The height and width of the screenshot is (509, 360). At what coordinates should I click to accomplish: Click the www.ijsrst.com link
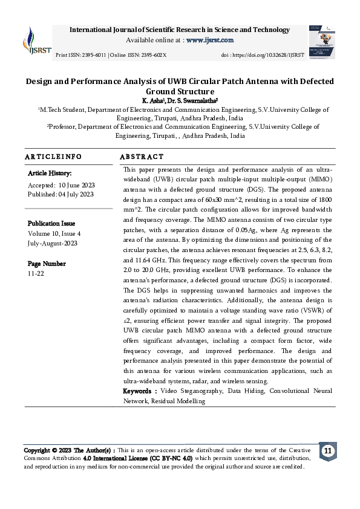(210, 40)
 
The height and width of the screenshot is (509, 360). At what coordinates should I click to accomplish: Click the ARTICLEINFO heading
(53, 157)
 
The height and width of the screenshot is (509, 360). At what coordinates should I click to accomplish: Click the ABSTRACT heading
(142, 157)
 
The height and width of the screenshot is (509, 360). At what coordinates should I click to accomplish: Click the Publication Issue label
(51, 223)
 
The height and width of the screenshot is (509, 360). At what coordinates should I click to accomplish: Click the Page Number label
(47, 264)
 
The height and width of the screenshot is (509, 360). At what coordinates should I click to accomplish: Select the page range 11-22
(36, 273)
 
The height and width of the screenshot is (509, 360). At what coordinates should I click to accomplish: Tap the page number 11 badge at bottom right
(327, 452)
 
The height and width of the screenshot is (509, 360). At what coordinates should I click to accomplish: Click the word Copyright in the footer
(39, 450)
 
